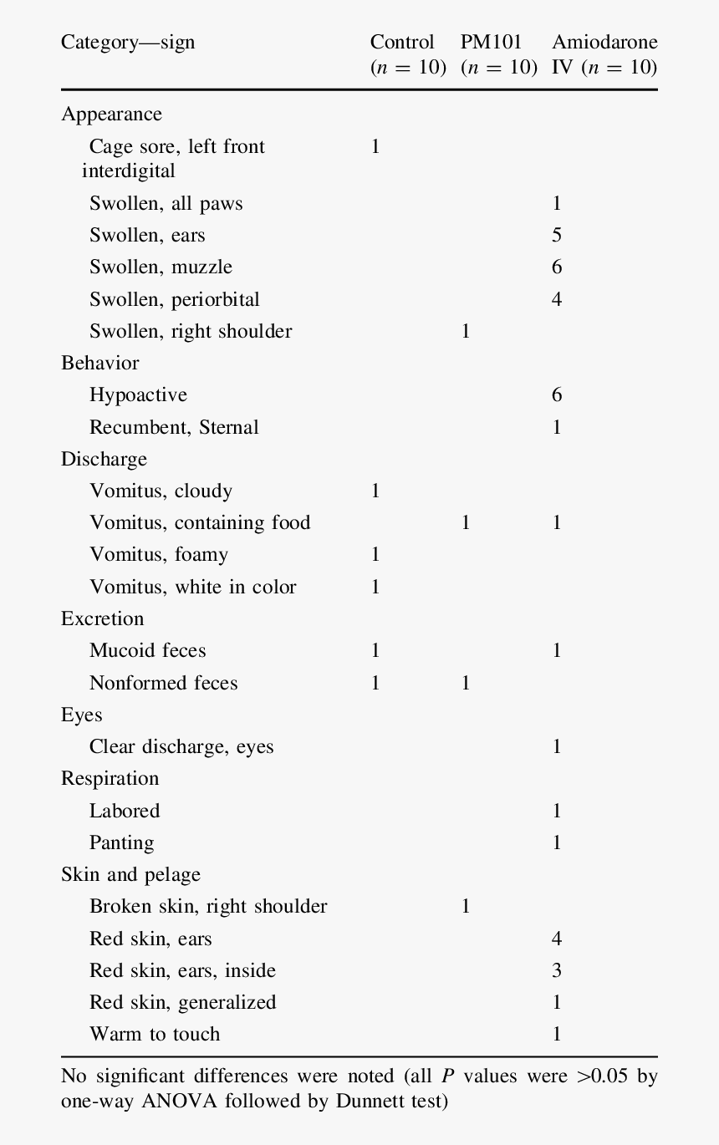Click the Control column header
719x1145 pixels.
pos(407,54)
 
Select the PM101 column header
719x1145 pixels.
pos(498,54)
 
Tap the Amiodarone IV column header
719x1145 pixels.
pos(604,54)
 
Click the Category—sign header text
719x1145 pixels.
pos(128,42)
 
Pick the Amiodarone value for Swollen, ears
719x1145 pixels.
pos(557,236)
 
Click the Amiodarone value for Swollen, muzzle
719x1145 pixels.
pos(557,267)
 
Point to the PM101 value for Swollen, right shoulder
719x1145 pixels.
pos(466,332)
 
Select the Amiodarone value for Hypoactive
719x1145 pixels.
pos(557,395)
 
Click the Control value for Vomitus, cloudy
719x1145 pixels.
pos(375,491)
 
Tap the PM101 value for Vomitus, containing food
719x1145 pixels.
pos(466,523)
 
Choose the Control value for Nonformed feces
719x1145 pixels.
pos(375,684)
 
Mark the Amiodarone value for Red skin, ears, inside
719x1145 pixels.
pos(557,971)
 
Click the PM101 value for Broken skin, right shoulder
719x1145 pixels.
pos(466,907)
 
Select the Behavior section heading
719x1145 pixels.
pos(99,364)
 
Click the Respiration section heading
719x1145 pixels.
pos(110,779)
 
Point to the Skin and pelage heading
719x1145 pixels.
pos(130,875)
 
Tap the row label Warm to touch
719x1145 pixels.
pos(155,1035)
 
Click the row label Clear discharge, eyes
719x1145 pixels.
pos(181,747)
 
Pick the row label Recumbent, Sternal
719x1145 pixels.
pos(174,428)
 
